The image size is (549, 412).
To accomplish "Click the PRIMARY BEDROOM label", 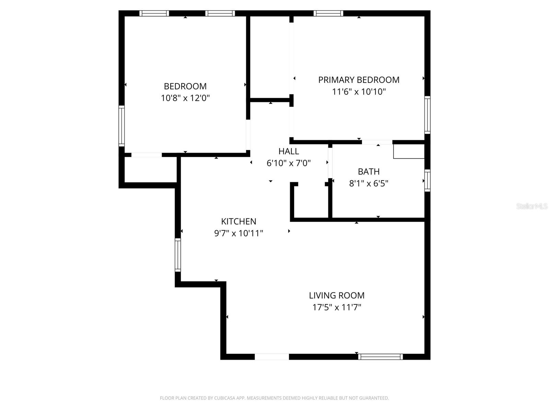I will tap(359, 80).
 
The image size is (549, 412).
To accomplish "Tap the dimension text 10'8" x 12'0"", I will tap(185, 98).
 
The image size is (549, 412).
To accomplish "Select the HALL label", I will tap(289, 151).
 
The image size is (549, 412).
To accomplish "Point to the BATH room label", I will tap(369, 171).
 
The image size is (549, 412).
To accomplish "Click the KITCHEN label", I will tap(238, 221).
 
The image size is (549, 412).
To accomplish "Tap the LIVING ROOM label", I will tap(337, 295).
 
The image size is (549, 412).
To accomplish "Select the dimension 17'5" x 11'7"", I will tap(337, 307).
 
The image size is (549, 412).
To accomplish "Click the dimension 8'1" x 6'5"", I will tap(369, 183).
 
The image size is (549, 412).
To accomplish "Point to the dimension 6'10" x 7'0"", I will tap(289, 163).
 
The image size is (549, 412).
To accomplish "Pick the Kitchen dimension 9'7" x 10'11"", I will tap(238, 233).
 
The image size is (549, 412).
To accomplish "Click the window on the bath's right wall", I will tap(427, 180).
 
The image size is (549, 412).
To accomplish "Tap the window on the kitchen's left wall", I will tap(178, 255).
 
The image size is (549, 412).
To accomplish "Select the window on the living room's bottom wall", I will tap(380, 357).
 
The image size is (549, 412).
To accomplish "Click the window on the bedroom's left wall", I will tap(121, 126).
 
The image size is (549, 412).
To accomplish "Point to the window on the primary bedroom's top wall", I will tap(328, 13).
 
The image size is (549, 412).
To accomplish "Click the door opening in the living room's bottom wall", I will tap(272, 357).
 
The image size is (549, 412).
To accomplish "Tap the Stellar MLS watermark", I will tap(532, 206).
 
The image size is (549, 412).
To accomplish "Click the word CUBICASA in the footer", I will tap(224, 398).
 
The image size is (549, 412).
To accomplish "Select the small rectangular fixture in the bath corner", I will tap(409, 151).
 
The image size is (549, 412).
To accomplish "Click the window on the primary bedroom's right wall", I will tap(427, 115).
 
